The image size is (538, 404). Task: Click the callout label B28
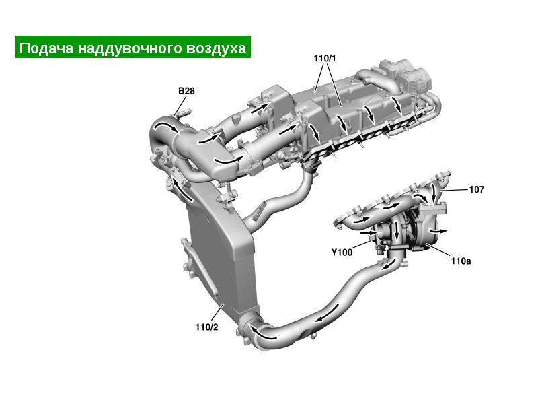click(186, 91)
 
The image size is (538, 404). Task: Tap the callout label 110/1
click(325, 59)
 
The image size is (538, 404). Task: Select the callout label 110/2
click(206, 327)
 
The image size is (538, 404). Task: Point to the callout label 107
click(477, 189)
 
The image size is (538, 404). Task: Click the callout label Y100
click(342, 252)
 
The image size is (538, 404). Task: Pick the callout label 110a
click(461, 261)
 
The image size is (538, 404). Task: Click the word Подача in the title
click(46, 48)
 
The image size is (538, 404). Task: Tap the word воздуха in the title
click(216, 48)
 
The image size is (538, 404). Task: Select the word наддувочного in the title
click(130, 48)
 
